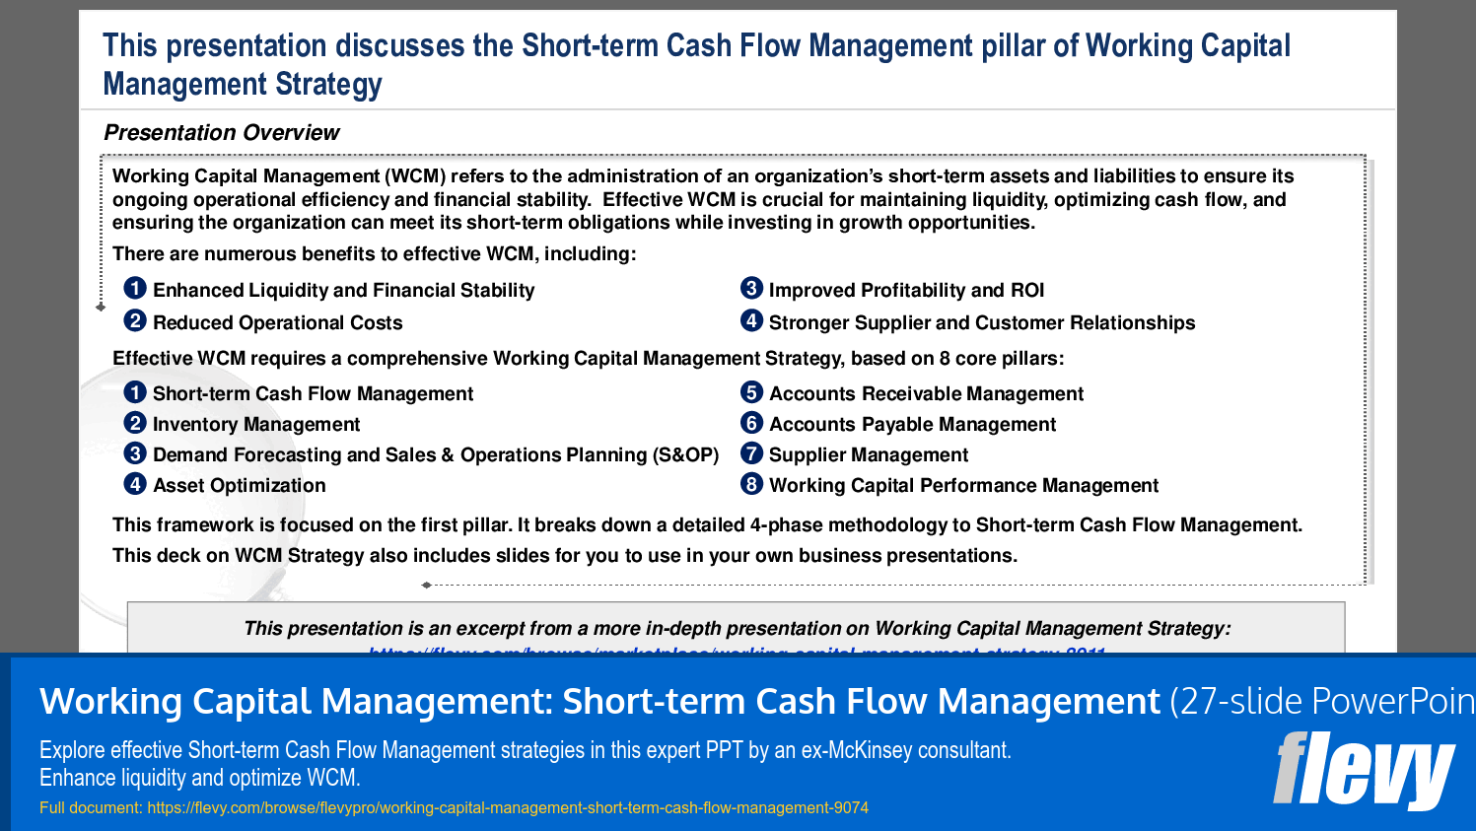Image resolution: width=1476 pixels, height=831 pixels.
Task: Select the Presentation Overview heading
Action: click(x=221, y=133)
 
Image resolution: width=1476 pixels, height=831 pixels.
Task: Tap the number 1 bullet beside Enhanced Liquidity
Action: click(x=135, y=288)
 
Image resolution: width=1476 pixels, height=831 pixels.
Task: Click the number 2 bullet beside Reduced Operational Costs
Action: click(x=135, y=320)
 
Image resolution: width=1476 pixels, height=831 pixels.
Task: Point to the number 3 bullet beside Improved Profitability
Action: click(x=751, y=288)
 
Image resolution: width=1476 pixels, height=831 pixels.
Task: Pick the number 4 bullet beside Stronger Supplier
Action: click(x=751, y=320)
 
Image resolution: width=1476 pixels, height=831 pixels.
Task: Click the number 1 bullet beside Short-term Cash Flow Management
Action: click(x=135, y=392)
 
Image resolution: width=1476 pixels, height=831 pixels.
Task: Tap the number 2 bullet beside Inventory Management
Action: click(x=135, y=423)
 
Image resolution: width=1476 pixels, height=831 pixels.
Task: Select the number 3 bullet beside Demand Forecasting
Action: click(x=135, y=453)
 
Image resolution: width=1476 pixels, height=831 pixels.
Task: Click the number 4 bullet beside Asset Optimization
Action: click(x=135, y=484)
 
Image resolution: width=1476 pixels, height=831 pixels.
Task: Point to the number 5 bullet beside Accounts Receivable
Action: click(x=751, y=392)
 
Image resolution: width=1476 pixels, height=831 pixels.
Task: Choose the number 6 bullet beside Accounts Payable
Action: click(x=751, y=423)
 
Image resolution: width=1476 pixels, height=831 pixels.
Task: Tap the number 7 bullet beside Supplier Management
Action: click(x=751, y=453)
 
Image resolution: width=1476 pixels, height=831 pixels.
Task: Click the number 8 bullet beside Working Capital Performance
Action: click(x=751, y=484)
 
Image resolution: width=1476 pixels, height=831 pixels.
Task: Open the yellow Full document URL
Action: click(x=508, y=808)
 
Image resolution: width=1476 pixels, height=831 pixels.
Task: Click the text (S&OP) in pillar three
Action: click(x=685, y=455)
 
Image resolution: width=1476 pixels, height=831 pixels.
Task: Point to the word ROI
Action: click(x=1026, y=291)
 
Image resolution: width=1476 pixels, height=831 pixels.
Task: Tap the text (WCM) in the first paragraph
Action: click(x=415, y=176)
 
